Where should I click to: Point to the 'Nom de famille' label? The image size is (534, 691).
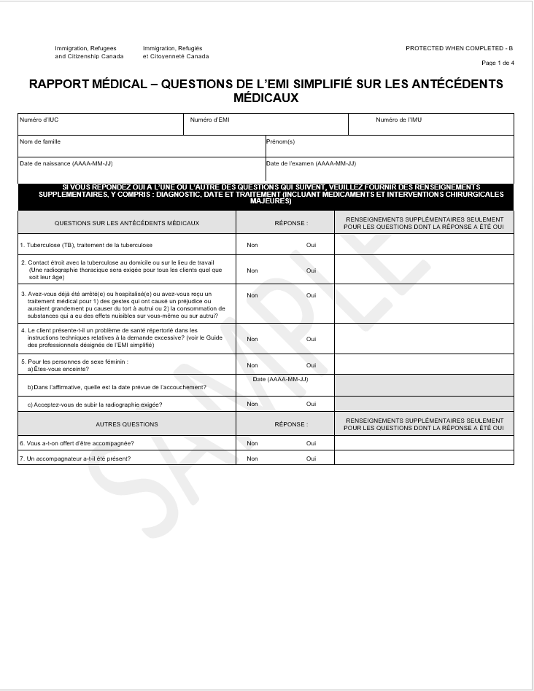(x=40, y=141)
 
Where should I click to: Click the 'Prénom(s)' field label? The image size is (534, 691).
(x=280, y=141)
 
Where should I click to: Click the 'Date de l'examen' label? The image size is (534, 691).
(x=311, y=163)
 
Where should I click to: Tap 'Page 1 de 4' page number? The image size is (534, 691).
(x=498, y=63)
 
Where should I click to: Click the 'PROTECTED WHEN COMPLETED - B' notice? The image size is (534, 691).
(x=459, y=48)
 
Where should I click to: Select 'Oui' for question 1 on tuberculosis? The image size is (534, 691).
(x=311, y=245)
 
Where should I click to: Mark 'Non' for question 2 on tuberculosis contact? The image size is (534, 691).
(x=252, y=270)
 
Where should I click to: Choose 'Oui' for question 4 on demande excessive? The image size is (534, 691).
(x=311, y=339)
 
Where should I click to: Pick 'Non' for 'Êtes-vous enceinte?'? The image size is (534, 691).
(x=252, y=365)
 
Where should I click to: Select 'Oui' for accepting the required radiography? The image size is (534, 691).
(x=311, y=404)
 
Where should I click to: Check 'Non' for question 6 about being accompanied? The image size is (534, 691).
(x=252, y=443)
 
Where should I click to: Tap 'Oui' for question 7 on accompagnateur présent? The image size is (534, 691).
(x=311, y=458)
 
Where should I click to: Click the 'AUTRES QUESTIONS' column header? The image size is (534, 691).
(x=127, y=424)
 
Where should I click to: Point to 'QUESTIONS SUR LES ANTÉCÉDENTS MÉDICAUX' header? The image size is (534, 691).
(x=127, y=223)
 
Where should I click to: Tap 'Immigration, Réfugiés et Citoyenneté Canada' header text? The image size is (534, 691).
(x=176, y=52)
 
